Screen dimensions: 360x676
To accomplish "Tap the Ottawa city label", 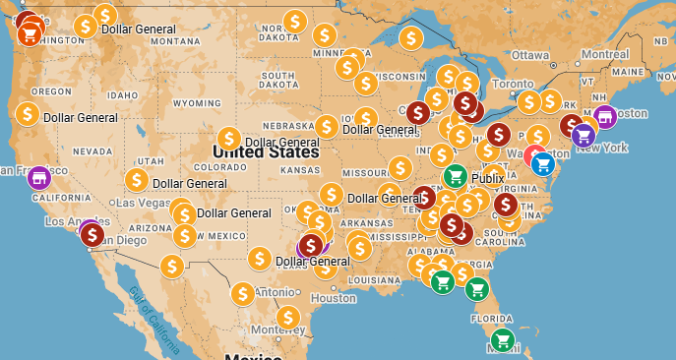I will tap(529, 54).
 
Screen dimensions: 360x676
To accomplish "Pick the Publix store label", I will tap(487, 179).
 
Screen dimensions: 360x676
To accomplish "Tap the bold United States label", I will tap(266, 152).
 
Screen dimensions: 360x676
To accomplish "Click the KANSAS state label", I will tap(299, 169).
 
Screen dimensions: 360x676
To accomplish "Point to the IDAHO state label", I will tap(123, 95).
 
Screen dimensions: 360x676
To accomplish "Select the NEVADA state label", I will tap(92, 151).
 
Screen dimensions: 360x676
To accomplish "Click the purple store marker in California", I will tap(38, 178).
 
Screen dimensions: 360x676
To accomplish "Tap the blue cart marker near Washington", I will tap(542, 164).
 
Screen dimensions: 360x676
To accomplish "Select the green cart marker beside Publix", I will tap(455, 176).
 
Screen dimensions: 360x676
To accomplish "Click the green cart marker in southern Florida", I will tap(503, 341).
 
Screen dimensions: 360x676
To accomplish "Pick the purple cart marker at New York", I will tap(584, 136).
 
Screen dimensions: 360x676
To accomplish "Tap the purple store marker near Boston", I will tap(605, 117).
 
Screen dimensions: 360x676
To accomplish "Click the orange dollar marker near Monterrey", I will tap(287, 317).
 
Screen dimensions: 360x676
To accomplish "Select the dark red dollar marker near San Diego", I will tap(92, 235).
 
